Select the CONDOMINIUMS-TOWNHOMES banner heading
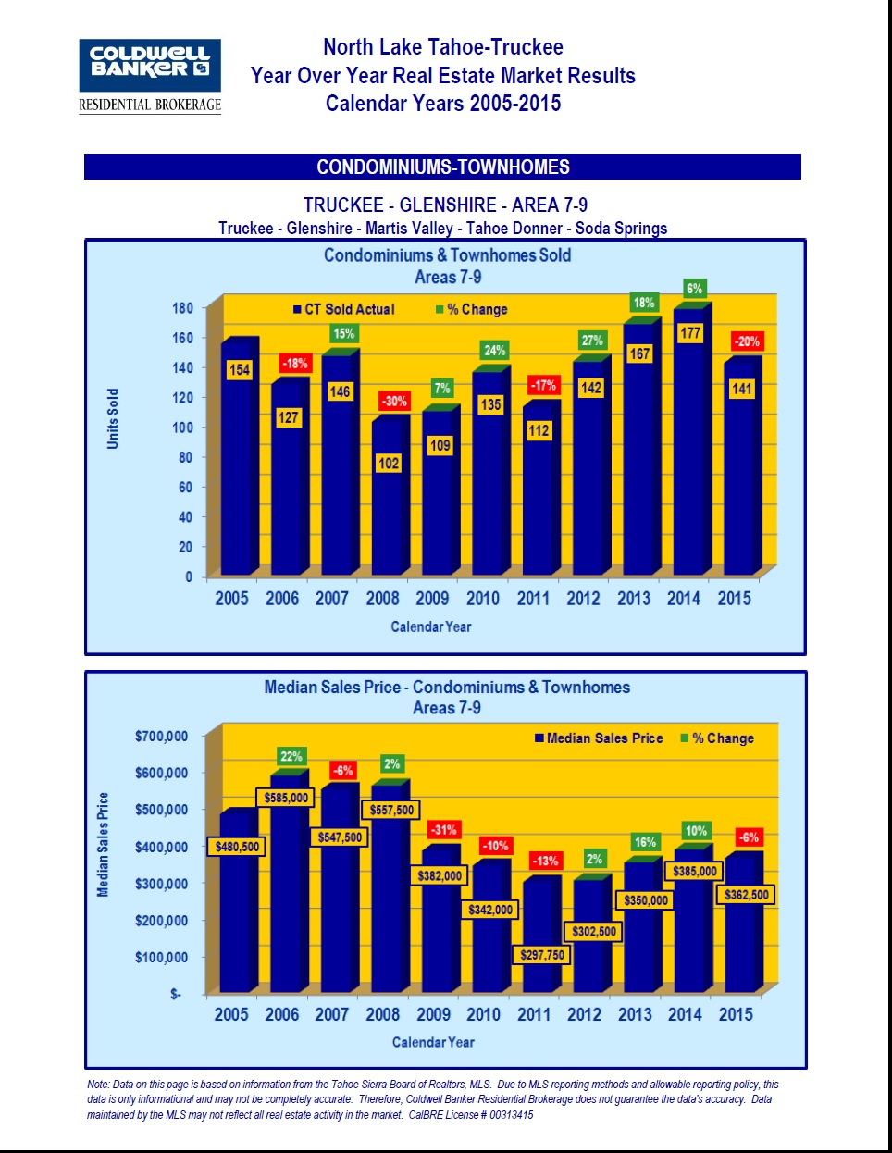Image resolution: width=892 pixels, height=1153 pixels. [x=442, y=167]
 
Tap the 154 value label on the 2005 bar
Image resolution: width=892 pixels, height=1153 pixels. [x=239, y=370]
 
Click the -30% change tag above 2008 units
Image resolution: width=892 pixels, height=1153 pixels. [x=394, y=401]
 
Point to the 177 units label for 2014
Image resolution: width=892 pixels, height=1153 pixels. [x=690, y=333]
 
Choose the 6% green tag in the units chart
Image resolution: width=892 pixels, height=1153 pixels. [x=694, y=289]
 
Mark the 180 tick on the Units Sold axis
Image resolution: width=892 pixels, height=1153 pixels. [x=182, y=308]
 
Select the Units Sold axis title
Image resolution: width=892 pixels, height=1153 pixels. [x=113, y=418]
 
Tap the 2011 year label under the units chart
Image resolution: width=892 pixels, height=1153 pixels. [x=533, y=599]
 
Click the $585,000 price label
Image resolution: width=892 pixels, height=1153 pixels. [x=286, y=798]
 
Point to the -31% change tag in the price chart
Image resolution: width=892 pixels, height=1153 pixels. [x=444, y=830]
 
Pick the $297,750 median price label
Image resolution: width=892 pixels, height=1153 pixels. [x=542, y=955]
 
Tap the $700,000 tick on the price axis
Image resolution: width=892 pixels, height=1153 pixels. [x=161, y=737]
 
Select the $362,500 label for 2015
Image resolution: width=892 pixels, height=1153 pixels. [x=746, y=895]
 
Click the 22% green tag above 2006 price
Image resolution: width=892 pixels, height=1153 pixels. [x=291, y=757]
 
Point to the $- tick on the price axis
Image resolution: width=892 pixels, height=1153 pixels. [x=176, y=994]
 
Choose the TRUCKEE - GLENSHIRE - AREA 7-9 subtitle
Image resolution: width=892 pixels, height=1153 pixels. [x=445, y=205]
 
